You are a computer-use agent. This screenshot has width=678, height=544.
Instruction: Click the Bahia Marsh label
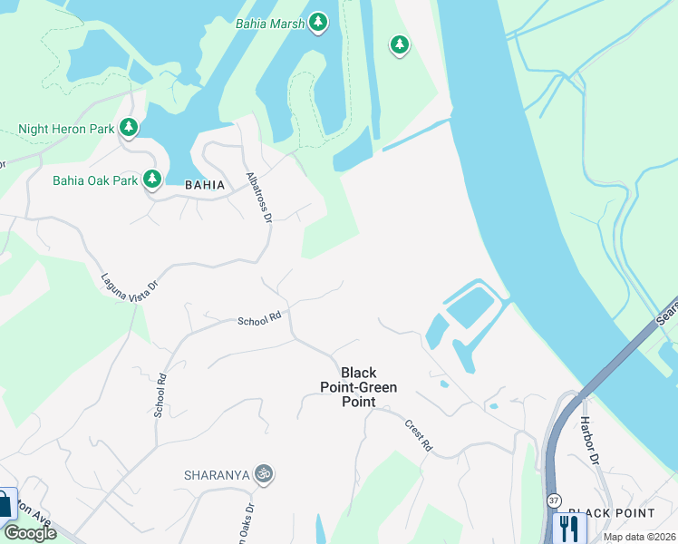(269, 23)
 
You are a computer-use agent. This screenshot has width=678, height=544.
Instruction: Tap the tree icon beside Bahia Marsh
(317, 22)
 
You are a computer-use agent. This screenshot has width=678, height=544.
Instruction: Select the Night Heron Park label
(66, 129)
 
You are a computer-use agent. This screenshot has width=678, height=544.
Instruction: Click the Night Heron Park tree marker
(130, 128)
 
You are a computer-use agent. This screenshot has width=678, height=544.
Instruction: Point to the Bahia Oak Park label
(95, 180)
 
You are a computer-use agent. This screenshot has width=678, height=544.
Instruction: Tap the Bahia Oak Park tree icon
(152, 180)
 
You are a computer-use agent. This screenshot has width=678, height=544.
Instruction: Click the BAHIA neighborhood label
(204, 184)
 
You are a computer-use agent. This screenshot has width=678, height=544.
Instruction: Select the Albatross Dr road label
(258, 197)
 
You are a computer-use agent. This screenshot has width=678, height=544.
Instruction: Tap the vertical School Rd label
(160, 395)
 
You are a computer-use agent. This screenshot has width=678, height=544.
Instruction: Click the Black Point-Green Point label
(358, 387)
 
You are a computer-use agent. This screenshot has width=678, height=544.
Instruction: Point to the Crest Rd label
(419, 436)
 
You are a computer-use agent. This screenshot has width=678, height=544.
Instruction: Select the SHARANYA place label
(217, 474)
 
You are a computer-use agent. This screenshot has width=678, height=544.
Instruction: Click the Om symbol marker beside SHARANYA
(264, 473)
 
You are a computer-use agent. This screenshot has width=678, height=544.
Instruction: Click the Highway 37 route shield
(553, 500)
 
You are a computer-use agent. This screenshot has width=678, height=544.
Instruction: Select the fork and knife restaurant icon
(569, 528)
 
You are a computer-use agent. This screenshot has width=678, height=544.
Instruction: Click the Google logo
(30, 533)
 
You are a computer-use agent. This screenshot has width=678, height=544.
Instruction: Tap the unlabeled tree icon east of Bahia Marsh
(399, 44)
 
